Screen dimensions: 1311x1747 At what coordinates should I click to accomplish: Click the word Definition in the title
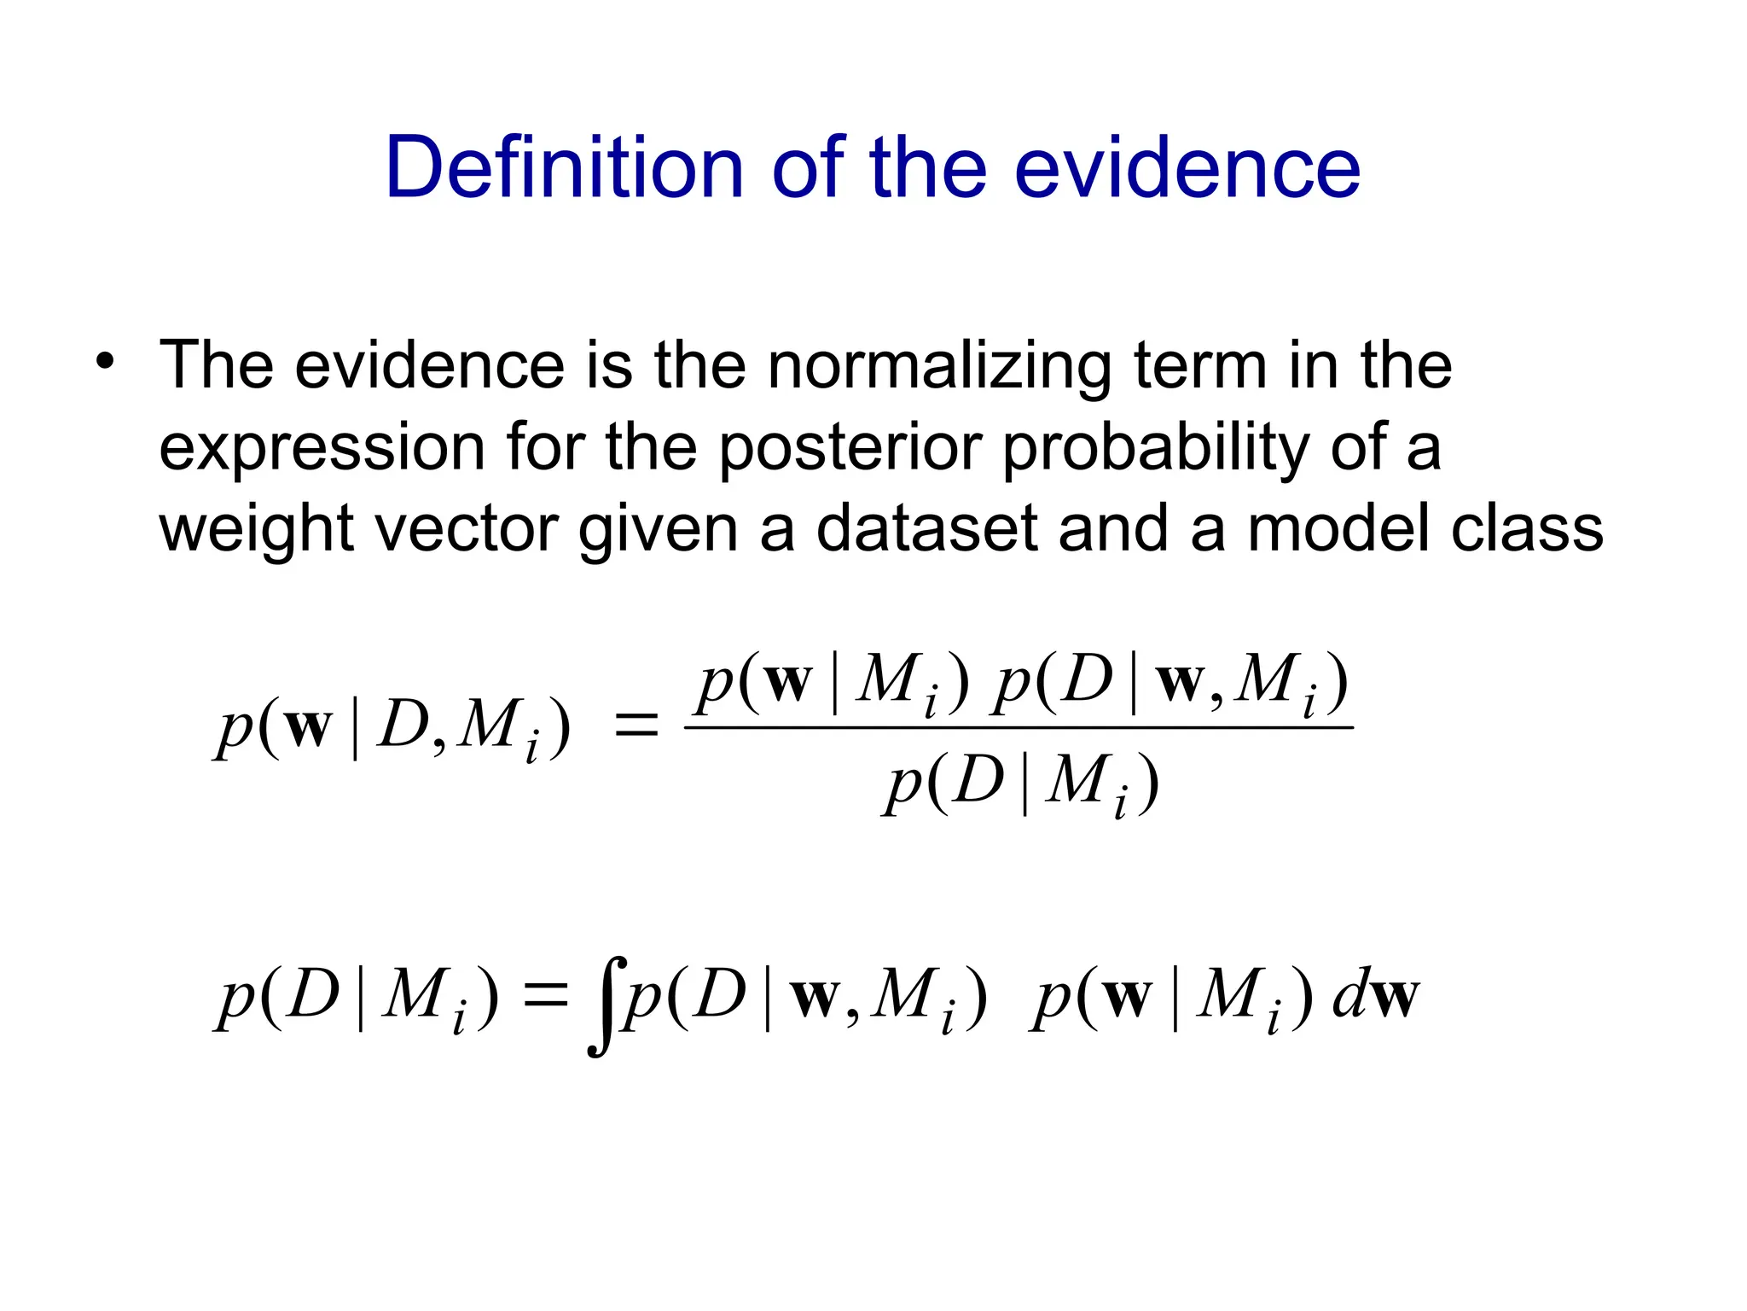pyautogui.click(x=564, y=168)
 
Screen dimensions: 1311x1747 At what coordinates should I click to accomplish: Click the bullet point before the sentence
pyautogui.click(x=104, y=361)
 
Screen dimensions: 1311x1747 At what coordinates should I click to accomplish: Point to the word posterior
pyautogui.click(x=851, y=447)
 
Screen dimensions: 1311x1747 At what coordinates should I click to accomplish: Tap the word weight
pyautogui.click(x=256, y=529)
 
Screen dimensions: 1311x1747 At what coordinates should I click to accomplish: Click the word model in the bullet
pyautogui.click(x=1339, y=529)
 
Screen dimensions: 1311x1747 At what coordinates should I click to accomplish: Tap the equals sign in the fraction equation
pyautogui.click(x=636, y=727)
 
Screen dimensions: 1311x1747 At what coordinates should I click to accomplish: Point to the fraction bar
pyautogui.click(x=1019, y=727)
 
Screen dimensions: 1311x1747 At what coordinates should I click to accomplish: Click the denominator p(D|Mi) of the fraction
pyautogui.click(x=1020, y=783)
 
